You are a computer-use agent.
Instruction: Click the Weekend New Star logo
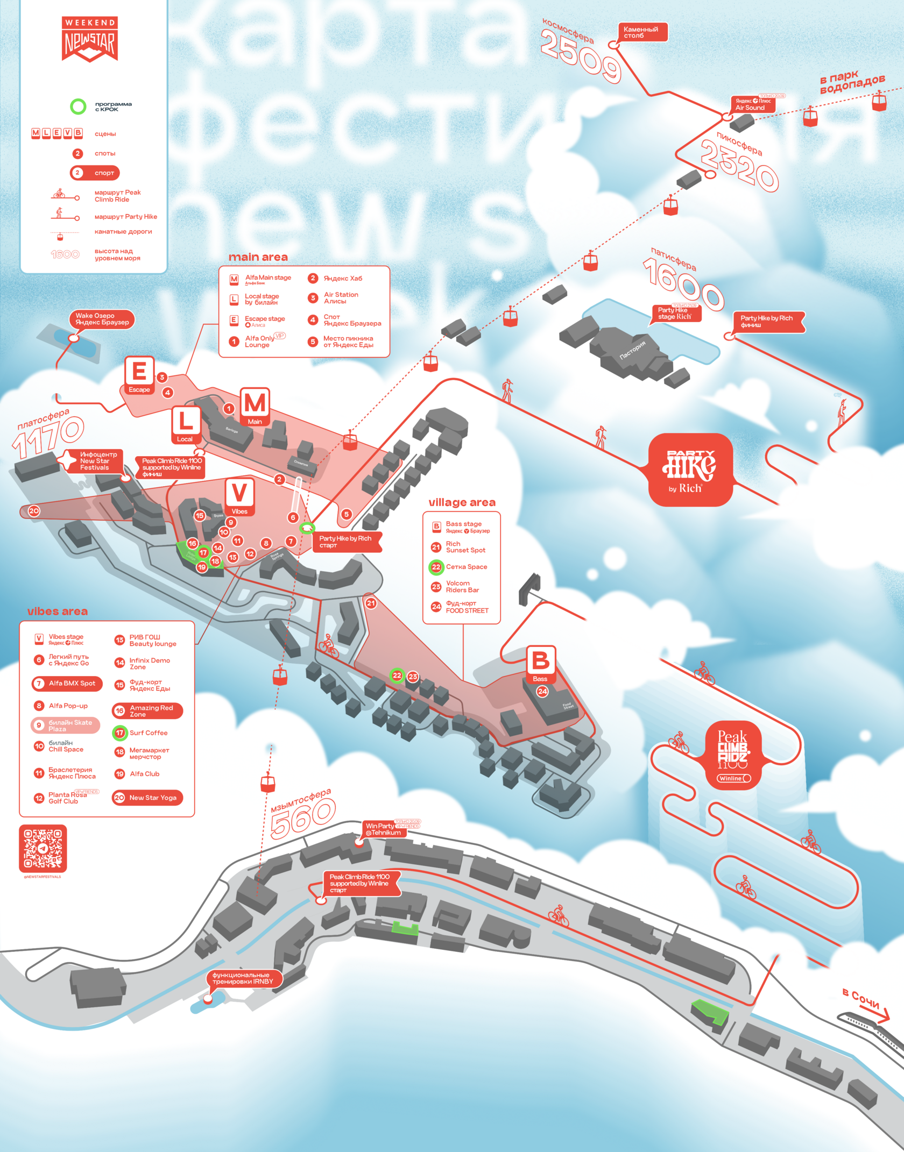point(90,39)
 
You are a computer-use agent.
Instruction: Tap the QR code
point(43,848)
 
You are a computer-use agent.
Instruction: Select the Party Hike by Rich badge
point(690,470)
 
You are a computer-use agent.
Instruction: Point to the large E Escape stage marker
point(139,375)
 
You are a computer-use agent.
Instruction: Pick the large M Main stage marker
point(255,406)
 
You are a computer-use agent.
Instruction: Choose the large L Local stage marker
point(186,424)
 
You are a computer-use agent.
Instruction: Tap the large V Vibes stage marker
point(239,496)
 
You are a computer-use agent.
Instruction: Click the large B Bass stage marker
point(540,664)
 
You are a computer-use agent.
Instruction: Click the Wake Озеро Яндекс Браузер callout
point(102,319)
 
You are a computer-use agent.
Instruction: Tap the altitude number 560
point(302,818)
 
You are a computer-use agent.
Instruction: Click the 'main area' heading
point(258,257)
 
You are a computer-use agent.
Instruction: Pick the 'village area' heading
point(462,502)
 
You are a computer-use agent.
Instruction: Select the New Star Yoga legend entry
point(147,798)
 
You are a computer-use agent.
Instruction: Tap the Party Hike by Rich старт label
point(347,542)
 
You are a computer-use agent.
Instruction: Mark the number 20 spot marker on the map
point(34,511)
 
